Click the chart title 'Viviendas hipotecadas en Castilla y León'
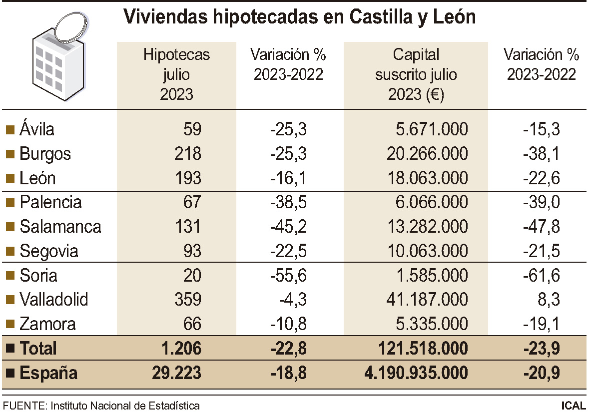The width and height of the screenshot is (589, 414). [299, 17]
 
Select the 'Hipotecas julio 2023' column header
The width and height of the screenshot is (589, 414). [176, 74]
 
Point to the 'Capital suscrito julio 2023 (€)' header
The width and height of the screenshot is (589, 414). [416, 74]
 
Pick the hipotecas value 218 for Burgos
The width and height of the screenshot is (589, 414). [188, 154]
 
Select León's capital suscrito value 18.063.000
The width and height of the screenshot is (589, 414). [427, 178]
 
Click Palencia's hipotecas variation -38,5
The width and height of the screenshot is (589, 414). [288, 202]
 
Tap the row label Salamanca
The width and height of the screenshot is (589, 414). [60, 227]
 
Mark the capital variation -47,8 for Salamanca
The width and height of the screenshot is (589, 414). [541, 227]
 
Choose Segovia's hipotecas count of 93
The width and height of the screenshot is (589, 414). [192, 251]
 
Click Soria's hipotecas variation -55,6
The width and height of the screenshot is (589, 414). [288, 275]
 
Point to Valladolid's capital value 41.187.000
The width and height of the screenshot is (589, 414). [427, 300]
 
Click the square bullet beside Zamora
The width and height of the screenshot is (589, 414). [9, 325]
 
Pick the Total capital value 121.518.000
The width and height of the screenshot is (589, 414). [423, 348]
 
